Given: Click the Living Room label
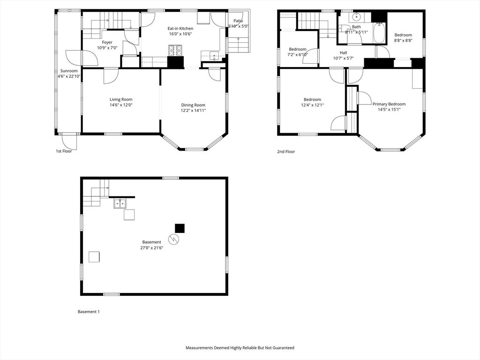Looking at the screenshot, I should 121,99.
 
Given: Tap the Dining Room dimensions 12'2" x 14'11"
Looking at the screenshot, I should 193,111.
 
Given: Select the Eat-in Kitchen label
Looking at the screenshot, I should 180,29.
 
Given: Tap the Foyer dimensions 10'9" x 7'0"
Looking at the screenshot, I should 107,48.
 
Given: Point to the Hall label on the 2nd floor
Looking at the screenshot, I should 343,52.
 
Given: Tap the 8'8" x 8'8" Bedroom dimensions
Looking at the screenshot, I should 403,41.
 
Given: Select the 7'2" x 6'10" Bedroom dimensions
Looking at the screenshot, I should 298,55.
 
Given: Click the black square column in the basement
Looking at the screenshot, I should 180,228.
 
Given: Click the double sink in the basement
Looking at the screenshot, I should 120,203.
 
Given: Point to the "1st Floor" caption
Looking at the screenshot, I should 64,151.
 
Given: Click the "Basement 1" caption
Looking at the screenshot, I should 88,312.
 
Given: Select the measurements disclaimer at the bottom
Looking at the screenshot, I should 240,348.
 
